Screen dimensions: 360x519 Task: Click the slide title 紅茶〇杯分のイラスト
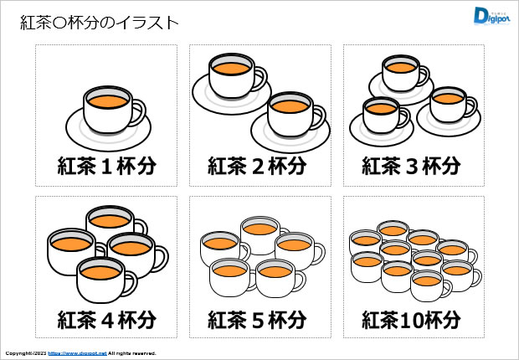click(x=100, y=23)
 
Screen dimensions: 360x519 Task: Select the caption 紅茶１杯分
click(x=106, y=166)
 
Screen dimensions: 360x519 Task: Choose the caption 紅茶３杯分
click(x=411, y=166)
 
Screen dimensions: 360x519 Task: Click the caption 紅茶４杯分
click(x=106, y=320)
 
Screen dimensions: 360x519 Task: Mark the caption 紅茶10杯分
click(x=411, y=320)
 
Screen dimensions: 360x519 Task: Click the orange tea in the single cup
click(x=107, y=100)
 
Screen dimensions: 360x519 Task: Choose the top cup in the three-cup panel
click(x=400, y=73)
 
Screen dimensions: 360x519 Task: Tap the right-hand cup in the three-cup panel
click(x=447, y=105)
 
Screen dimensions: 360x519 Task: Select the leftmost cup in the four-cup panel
click(x=69, y=252)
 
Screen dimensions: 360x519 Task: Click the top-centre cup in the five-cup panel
click(x=260, y=235)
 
